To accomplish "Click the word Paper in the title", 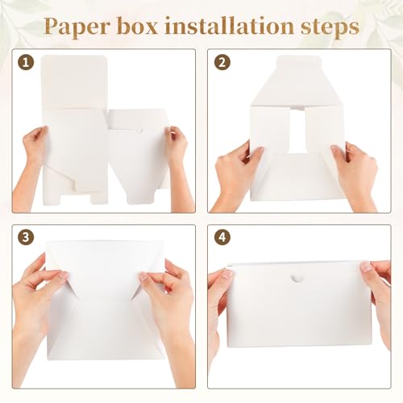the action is click(76, 27).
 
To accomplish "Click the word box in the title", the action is click(137, 26).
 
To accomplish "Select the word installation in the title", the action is click(229, 26).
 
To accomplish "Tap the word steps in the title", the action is click(330, 27).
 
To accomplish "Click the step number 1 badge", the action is click(26, 63).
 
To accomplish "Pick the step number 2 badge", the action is click(222, 63).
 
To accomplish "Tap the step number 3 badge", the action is click(26, 237).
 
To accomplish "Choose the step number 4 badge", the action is click(222, 237).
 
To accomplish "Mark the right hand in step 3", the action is click(169, 304).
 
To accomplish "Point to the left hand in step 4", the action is click(219, 309).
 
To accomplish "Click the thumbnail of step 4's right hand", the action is click(366, 267).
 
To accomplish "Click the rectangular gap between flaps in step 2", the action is click(297, 131).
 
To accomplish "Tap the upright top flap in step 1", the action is click(74, 82).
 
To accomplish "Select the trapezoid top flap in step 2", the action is click(297, 81).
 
